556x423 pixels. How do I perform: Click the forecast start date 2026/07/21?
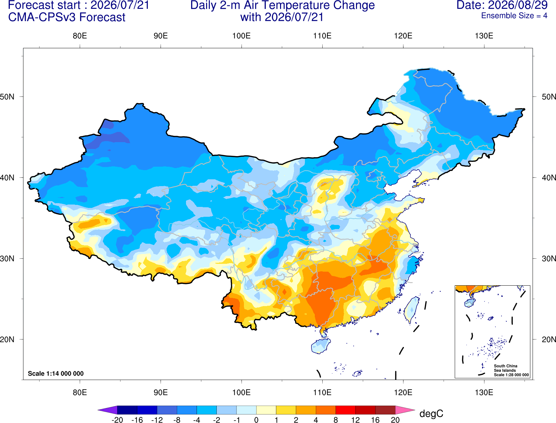(120, 5)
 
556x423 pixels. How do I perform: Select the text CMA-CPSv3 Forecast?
(67, 17)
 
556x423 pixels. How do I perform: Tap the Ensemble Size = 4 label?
(514, 16)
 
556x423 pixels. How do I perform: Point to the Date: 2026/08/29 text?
(502, 5)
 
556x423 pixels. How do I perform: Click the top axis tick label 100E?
(242, 36)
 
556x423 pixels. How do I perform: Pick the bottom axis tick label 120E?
(403, 393)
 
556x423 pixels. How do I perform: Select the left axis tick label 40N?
(7, 178)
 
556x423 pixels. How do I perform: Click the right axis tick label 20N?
(549, 339)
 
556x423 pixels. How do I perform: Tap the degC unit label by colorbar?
(431, 413)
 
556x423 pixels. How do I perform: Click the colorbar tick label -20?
(117, 420)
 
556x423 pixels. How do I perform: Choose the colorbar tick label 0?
(256, 420)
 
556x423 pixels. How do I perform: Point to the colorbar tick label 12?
(355, 420)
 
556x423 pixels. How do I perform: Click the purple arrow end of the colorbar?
(108, 410)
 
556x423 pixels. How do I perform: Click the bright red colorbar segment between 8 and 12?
(345, 410)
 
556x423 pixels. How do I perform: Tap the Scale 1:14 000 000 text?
(56, 373)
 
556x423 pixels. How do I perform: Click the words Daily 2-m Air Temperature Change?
(282, 5)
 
